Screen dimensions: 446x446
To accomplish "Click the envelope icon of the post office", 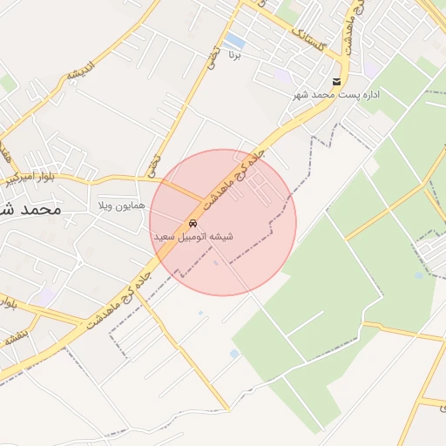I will click(x=336, y=81).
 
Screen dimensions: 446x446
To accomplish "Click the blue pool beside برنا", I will click(x=233, y=40).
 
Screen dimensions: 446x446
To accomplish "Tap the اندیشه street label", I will click(x=81, y=69).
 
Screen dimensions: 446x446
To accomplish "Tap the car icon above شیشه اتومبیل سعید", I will click(x=193, y=222).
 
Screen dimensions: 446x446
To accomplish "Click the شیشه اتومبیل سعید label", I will click(x=193, y=237).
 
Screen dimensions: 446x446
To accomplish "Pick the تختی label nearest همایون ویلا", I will click(x=154, y=160).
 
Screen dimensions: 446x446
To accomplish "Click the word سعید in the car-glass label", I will click(x=167, y=237).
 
